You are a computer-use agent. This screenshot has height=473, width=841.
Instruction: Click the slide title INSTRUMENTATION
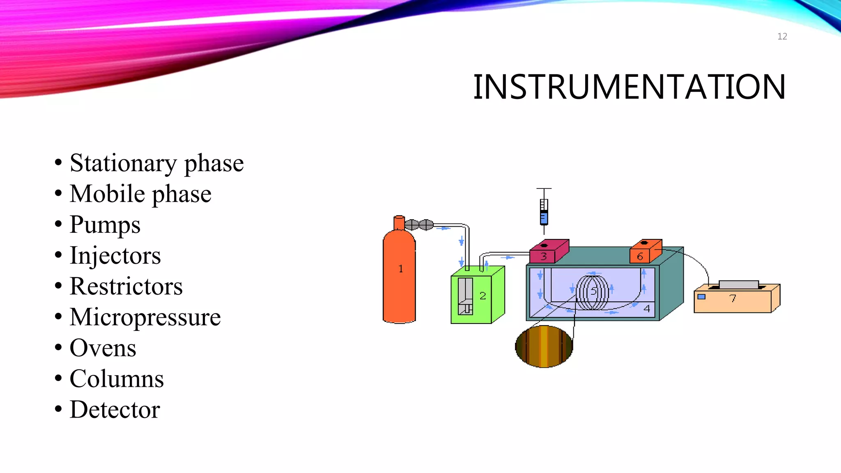629,87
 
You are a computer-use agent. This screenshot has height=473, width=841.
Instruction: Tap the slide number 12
782,37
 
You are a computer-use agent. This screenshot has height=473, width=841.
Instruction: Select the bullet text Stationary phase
156,163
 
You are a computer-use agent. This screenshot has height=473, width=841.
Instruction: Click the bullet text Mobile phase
140,194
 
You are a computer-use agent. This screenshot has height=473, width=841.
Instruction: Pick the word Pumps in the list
105,225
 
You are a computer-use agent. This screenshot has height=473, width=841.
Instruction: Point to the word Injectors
115,255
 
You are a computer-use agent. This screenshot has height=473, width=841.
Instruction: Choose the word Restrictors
126,286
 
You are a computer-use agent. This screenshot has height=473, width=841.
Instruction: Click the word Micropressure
145,317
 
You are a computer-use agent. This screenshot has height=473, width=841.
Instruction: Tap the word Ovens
103,348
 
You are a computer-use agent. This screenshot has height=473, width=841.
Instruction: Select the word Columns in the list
117,379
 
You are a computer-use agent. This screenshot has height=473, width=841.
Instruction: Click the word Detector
115,410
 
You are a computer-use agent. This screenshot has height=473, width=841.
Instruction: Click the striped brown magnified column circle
544,346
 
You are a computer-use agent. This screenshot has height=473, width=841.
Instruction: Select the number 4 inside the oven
647,308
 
